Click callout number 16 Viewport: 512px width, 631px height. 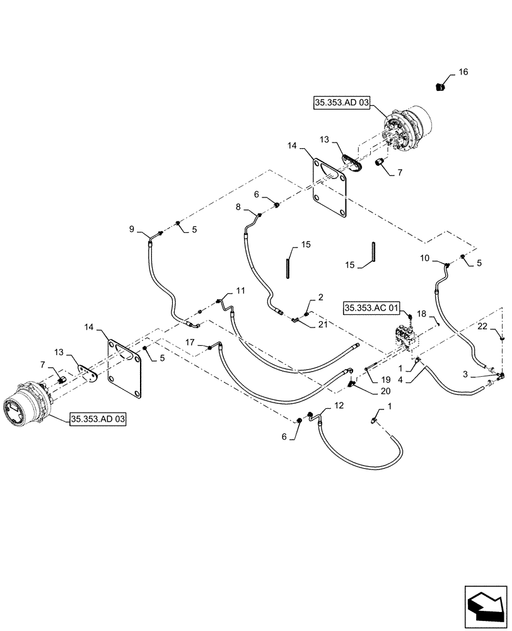(x=463, y=73)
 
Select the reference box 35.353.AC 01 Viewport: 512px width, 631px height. (x=371, y=308)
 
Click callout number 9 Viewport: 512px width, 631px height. (x=132, y=229)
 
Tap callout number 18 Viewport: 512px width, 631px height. (x=422, y=313)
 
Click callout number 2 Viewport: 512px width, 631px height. (x=320, y=296)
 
